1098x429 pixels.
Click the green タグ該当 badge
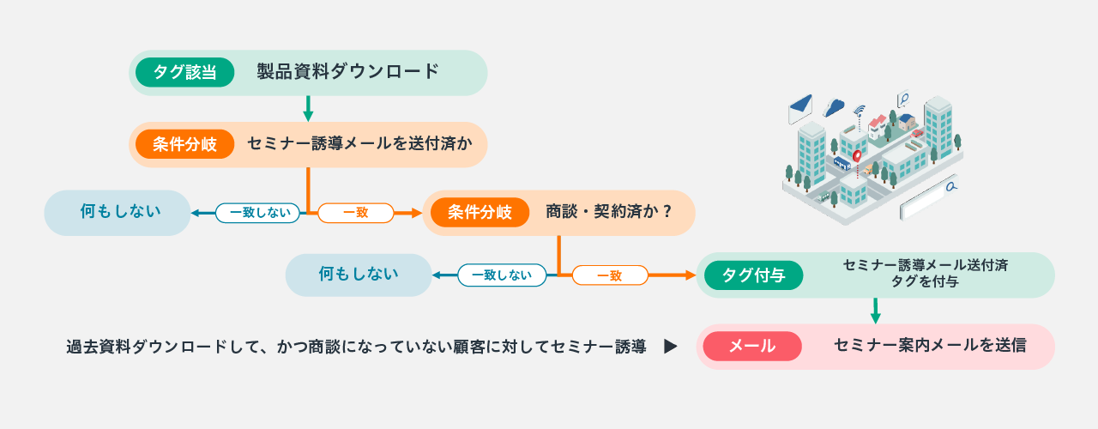(x=184, y=73)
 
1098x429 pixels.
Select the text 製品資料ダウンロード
(x=348, y=71)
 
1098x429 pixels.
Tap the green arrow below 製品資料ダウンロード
(x=308, y=108)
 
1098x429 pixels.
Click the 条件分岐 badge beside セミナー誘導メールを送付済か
(x=184, y=144)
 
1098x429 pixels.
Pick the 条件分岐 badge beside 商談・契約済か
(x=480, y=212)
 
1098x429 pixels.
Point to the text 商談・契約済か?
(x=608, y=212)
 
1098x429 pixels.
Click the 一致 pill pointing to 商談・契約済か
(x=356, y=213)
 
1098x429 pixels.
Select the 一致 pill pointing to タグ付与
(x=610, y=275)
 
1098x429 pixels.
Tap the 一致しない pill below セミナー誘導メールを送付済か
(x=258, y=213)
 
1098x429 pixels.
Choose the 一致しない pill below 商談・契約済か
(x=502, y=275)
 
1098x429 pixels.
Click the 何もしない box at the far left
(x=118, y=213)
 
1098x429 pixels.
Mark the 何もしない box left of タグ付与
(x=359, y=275)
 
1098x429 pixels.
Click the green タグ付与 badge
(x=754, y=275)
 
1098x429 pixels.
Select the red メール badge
(x=752, y=346)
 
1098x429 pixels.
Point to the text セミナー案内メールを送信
(x=930, y=346)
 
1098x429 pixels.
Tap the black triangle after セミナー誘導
(x=670, y=347)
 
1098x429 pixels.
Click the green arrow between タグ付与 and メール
(x=876, y=311)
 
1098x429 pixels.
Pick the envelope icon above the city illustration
(x=800, y=108)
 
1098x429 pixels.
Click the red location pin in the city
(x=857, y=157)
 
